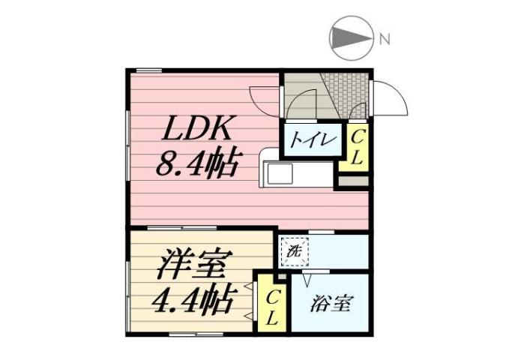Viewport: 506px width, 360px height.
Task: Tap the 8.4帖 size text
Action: click(197, 162)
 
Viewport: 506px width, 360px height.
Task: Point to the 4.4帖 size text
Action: click(191, 301)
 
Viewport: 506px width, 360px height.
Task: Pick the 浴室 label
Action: click(329, 305)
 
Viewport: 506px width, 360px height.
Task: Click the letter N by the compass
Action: click(384, 39)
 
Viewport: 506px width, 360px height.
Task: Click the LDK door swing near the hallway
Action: click(264, 100)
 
